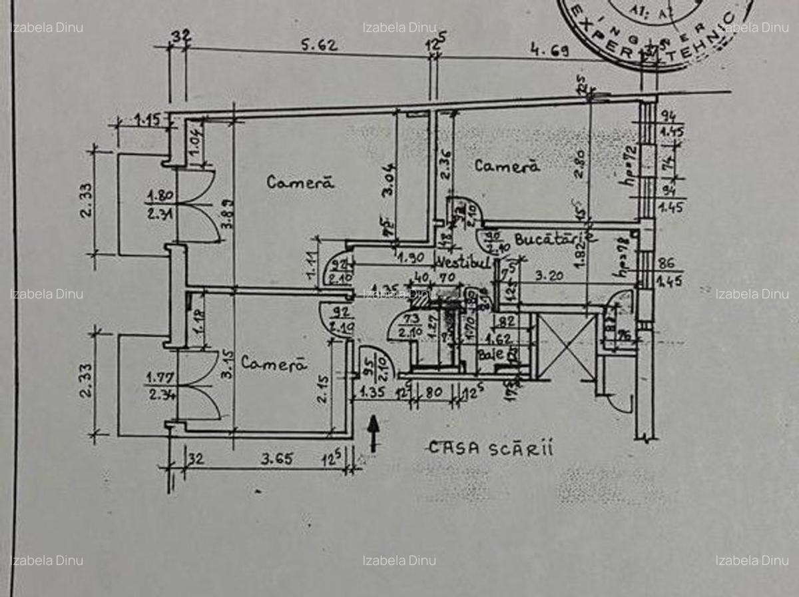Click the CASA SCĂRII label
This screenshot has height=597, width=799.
[x=491, y=448]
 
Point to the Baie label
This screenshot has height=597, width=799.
[x=491, y=354]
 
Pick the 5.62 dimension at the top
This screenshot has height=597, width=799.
[x=320, y=46]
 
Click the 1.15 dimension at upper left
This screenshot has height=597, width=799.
[x=148, y=121]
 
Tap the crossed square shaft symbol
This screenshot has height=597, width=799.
[x=567, y=346]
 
